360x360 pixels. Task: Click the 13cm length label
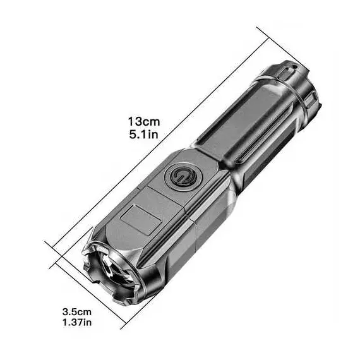144,122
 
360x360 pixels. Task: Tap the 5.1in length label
144,135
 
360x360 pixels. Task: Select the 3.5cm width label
77,312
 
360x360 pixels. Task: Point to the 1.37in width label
77,322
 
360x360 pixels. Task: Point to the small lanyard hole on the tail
294,67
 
